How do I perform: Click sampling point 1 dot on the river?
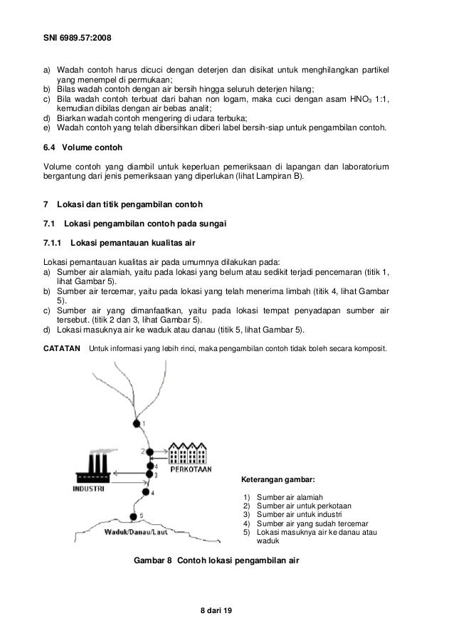136,424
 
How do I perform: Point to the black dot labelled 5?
132,517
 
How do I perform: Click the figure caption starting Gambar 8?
216,560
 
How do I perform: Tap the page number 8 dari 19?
221,612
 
